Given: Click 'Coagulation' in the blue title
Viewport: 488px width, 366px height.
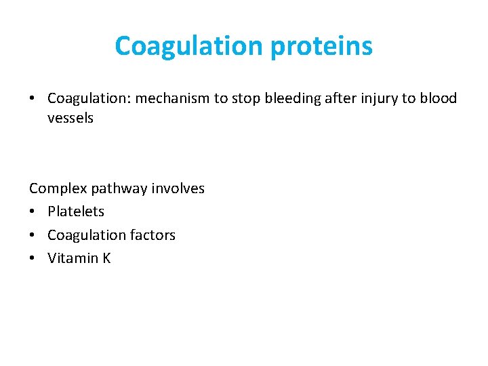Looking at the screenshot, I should click(x=190, y=47).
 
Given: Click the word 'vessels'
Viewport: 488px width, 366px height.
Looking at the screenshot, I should click(x=70, y=118).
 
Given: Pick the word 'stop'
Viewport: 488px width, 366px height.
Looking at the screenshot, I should click(x=241, y=98).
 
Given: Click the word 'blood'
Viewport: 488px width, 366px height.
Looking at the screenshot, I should click(x=439, y=98).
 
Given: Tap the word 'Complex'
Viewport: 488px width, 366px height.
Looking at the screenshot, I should click(x=56, y=188).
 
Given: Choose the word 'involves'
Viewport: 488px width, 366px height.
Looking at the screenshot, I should click(x=178, y=188).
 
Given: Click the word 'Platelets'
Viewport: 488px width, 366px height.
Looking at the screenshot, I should click(x=76, y=211).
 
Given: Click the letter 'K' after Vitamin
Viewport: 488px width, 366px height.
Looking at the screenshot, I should click(x=106, y=258).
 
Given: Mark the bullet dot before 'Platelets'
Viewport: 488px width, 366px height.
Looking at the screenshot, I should click(x=33, y=212).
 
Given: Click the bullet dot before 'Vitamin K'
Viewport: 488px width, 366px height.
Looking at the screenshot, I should click(x=33, y=259).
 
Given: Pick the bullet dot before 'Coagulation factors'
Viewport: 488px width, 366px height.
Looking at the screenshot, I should click(x=33, y=236).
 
